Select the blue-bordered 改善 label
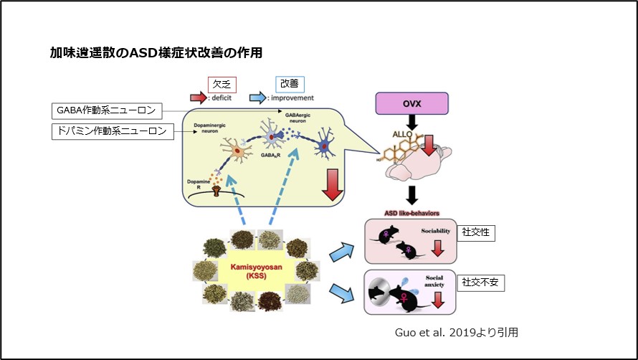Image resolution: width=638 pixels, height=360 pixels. pos(290,83)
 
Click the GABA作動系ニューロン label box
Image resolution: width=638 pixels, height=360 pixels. pos(108,111)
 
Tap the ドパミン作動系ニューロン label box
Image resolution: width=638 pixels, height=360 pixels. pos(114,131)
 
